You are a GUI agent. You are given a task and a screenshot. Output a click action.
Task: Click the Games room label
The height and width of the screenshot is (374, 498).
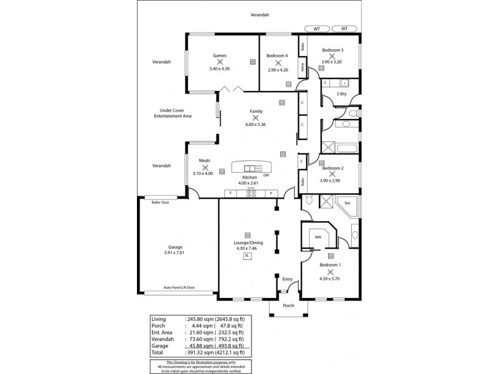(x=218, y=55)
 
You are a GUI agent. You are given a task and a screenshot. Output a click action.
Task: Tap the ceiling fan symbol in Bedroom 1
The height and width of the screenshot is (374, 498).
(x=330, y=272)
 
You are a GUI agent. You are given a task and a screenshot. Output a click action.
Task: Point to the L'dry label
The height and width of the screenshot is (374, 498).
(x=341, y=94)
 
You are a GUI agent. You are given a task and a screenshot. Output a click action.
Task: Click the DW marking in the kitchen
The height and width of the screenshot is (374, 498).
(x=266, y=175)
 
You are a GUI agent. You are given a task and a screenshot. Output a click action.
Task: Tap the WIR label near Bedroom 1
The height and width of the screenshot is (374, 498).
(x=317, y=237)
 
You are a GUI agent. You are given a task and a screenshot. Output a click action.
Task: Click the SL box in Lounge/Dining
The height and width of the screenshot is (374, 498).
(x=247, y=256)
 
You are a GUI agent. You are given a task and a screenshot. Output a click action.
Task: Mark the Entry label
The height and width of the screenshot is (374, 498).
(x=287, y=279)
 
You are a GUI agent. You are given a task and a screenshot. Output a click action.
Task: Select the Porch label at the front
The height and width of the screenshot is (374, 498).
(x=288, y=305)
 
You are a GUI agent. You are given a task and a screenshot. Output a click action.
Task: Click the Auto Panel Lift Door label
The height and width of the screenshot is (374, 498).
(x=179, y=287)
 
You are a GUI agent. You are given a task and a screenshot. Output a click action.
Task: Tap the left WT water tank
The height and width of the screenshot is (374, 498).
(x=317, y=29)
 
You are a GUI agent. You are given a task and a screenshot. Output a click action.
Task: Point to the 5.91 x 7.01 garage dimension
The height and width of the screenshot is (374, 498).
(x=175, y=252)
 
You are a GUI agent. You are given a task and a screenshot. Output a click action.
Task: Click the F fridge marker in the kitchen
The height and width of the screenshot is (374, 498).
(x=230, y=193)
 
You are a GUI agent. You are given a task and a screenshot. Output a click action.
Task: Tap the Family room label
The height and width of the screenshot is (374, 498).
(x=256, y=111)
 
